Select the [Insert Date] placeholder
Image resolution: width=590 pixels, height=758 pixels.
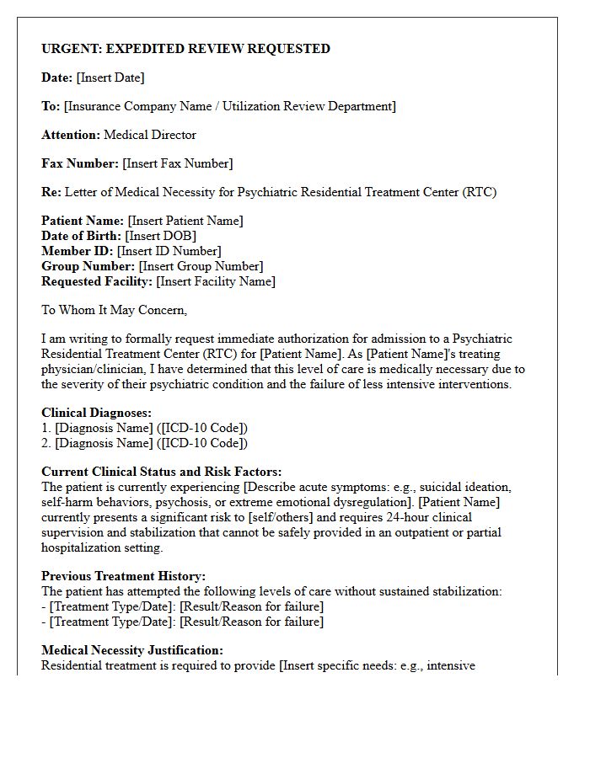pyautogui.click(x=110, y=77)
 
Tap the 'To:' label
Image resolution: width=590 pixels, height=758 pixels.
pyautogui.click(x=51, y=106)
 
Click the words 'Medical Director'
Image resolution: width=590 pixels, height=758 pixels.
pyautogui.click(x=150, y=135)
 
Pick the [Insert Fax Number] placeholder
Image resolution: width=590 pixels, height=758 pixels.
pyautogui.click(x=178, y=163)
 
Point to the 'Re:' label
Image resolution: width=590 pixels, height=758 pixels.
pyautogui.click(x=51, y=192)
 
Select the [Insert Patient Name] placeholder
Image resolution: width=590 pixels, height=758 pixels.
pyautogui.click(x=185, y=221)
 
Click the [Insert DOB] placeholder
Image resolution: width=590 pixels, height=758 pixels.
pyautogui.click(x=161, y=236)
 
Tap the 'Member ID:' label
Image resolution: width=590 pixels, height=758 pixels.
pyautogui.click(x=78, y=251)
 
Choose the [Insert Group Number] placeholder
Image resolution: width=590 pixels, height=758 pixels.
pyautogui.click(x=201, y=266)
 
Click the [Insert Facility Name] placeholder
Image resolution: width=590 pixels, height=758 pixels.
pyautogui.click(x=216, y=281)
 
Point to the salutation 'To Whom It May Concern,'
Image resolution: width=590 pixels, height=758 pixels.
pyautogui.click(x=115, y=310)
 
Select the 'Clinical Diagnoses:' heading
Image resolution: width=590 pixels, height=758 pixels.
pyautogui.click(x=97, y=413)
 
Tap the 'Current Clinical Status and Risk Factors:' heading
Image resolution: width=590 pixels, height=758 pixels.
pyautogui.click(x=162, y=472)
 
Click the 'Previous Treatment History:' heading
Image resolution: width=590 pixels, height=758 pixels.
pyautogui.click(x=123, y=576)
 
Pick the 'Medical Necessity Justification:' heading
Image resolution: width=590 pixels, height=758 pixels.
pyautogui.click(x=132, y=650)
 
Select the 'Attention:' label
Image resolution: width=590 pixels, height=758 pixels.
pyautogui.click(x=71, y=135)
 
